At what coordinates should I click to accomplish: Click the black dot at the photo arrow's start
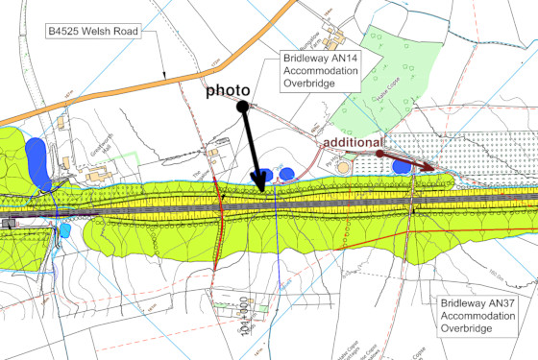click(x=244, y=106)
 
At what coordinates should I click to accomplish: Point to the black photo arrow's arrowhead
click(x=262, y=182)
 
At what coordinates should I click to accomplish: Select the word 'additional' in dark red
click(x=352, y=141)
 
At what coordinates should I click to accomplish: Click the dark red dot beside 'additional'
click(x=379, y=153)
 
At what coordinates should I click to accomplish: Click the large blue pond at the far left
click(x=37, y=161)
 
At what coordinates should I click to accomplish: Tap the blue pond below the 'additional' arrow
click(x=403, y=167)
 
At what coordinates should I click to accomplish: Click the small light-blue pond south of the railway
click(x=64, y=230)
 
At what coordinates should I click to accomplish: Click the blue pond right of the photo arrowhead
click(x=287, y=174)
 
